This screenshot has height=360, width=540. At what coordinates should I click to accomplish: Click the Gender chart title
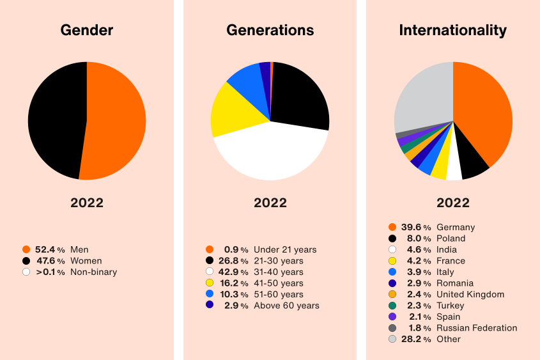(86, 30)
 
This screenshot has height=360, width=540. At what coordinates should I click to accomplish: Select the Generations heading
(270, 30)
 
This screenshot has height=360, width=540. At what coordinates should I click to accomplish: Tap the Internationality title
(452, 30)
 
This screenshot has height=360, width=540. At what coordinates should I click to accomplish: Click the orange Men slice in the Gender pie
(115, 121)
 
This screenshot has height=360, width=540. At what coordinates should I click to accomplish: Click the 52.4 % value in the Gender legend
(50, 249)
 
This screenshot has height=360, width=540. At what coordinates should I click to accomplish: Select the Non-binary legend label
(93, 272)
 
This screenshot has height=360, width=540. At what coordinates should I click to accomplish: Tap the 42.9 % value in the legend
(233, 272)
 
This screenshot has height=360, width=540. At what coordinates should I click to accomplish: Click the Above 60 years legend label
(286, 306)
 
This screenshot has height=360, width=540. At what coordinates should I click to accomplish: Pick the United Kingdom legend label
(470, 294)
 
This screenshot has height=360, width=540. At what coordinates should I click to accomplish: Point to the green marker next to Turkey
(392, 306)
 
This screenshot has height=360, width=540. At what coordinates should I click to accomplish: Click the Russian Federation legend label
(476, 328)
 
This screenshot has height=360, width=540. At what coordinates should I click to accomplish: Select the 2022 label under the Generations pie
(270, 203)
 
